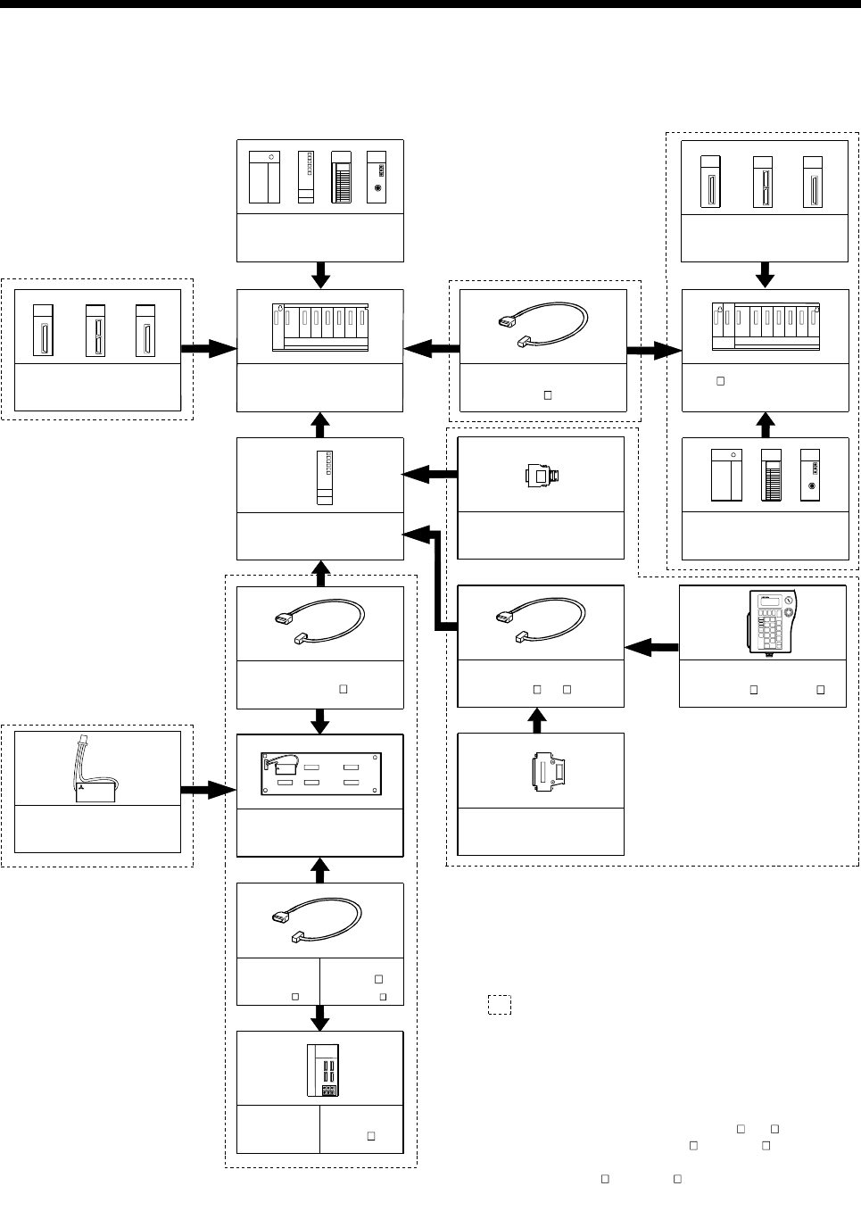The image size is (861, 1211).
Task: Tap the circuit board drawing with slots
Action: pyautogui.click(x=320, y=773)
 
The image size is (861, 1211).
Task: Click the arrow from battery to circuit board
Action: pyautogui.click(x=208, y=790)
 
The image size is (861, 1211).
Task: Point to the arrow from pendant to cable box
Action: pyautogui.click(x=651, y=646)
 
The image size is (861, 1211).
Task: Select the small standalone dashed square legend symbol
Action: pyautogui.click(x=499, y=1004)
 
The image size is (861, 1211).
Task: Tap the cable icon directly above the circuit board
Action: pyautogui.click(x=320, y=623)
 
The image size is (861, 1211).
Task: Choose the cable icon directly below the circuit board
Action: pyautogui.click(x=320, y=919)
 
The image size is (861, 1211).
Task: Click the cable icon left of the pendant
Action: pyautogui.click(x=541, y=623)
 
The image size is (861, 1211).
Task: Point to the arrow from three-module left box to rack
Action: pyautogui.click(x=209, y=351)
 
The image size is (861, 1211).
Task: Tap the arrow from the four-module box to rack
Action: pyautogui.click(x=320, y=275)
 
